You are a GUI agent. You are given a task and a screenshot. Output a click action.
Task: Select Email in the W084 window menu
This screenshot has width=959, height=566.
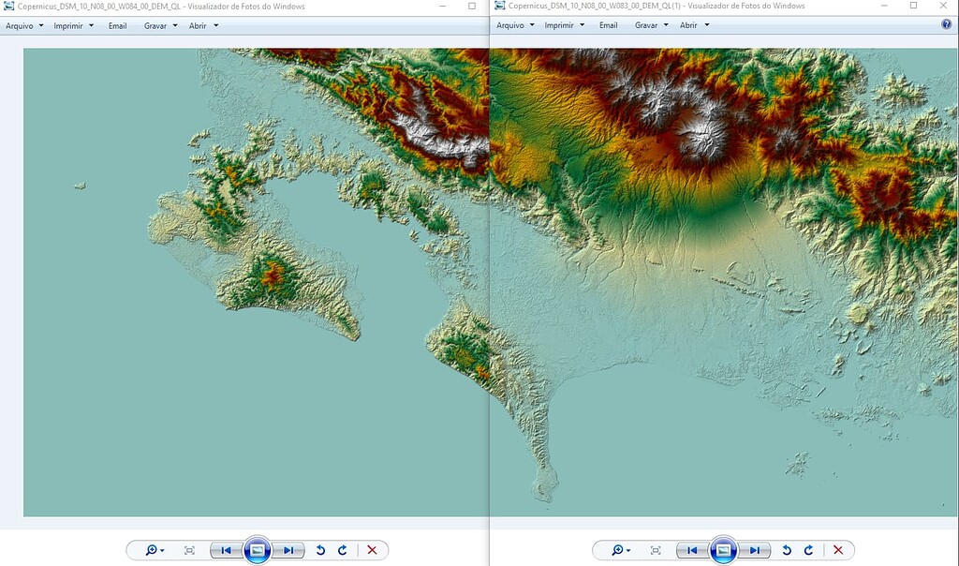pos(117,25)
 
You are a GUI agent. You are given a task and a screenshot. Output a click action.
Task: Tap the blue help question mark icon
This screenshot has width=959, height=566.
pos(946,25)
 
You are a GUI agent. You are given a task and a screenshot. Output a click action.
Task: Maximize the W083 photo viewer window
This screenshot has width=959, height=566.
pos(914,6)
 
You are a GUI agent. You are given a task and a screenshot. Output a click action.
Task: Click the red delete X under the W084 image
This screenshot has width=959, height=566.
pos(372,550)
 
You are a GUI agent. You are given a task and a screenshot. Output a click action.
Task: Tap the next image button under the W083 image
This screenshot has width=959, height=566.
pos(755,550)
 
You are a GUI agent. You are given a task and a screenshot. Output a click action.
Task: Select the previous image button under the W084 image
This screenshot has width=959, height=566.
pos(227,550)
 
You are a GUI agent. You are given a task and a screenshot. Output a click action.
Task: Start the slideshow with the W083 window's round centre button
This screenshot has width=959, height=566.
pos(723,550)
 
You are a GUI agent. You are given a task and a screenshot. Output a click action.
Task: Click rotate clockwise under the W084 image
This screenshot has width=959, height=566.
pos(343,550)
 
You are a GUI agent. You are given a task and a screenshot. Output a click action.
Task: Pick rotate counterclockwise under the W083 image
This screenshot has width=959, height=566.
pos(787,550)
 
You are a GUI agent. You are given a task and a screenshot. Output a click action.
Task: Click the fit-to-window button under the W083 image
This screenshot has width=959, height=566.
pos(656,550)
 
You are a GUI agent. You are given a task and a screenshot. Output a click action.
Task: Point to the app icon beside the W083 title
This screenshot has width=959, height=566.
pos(499,7)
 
